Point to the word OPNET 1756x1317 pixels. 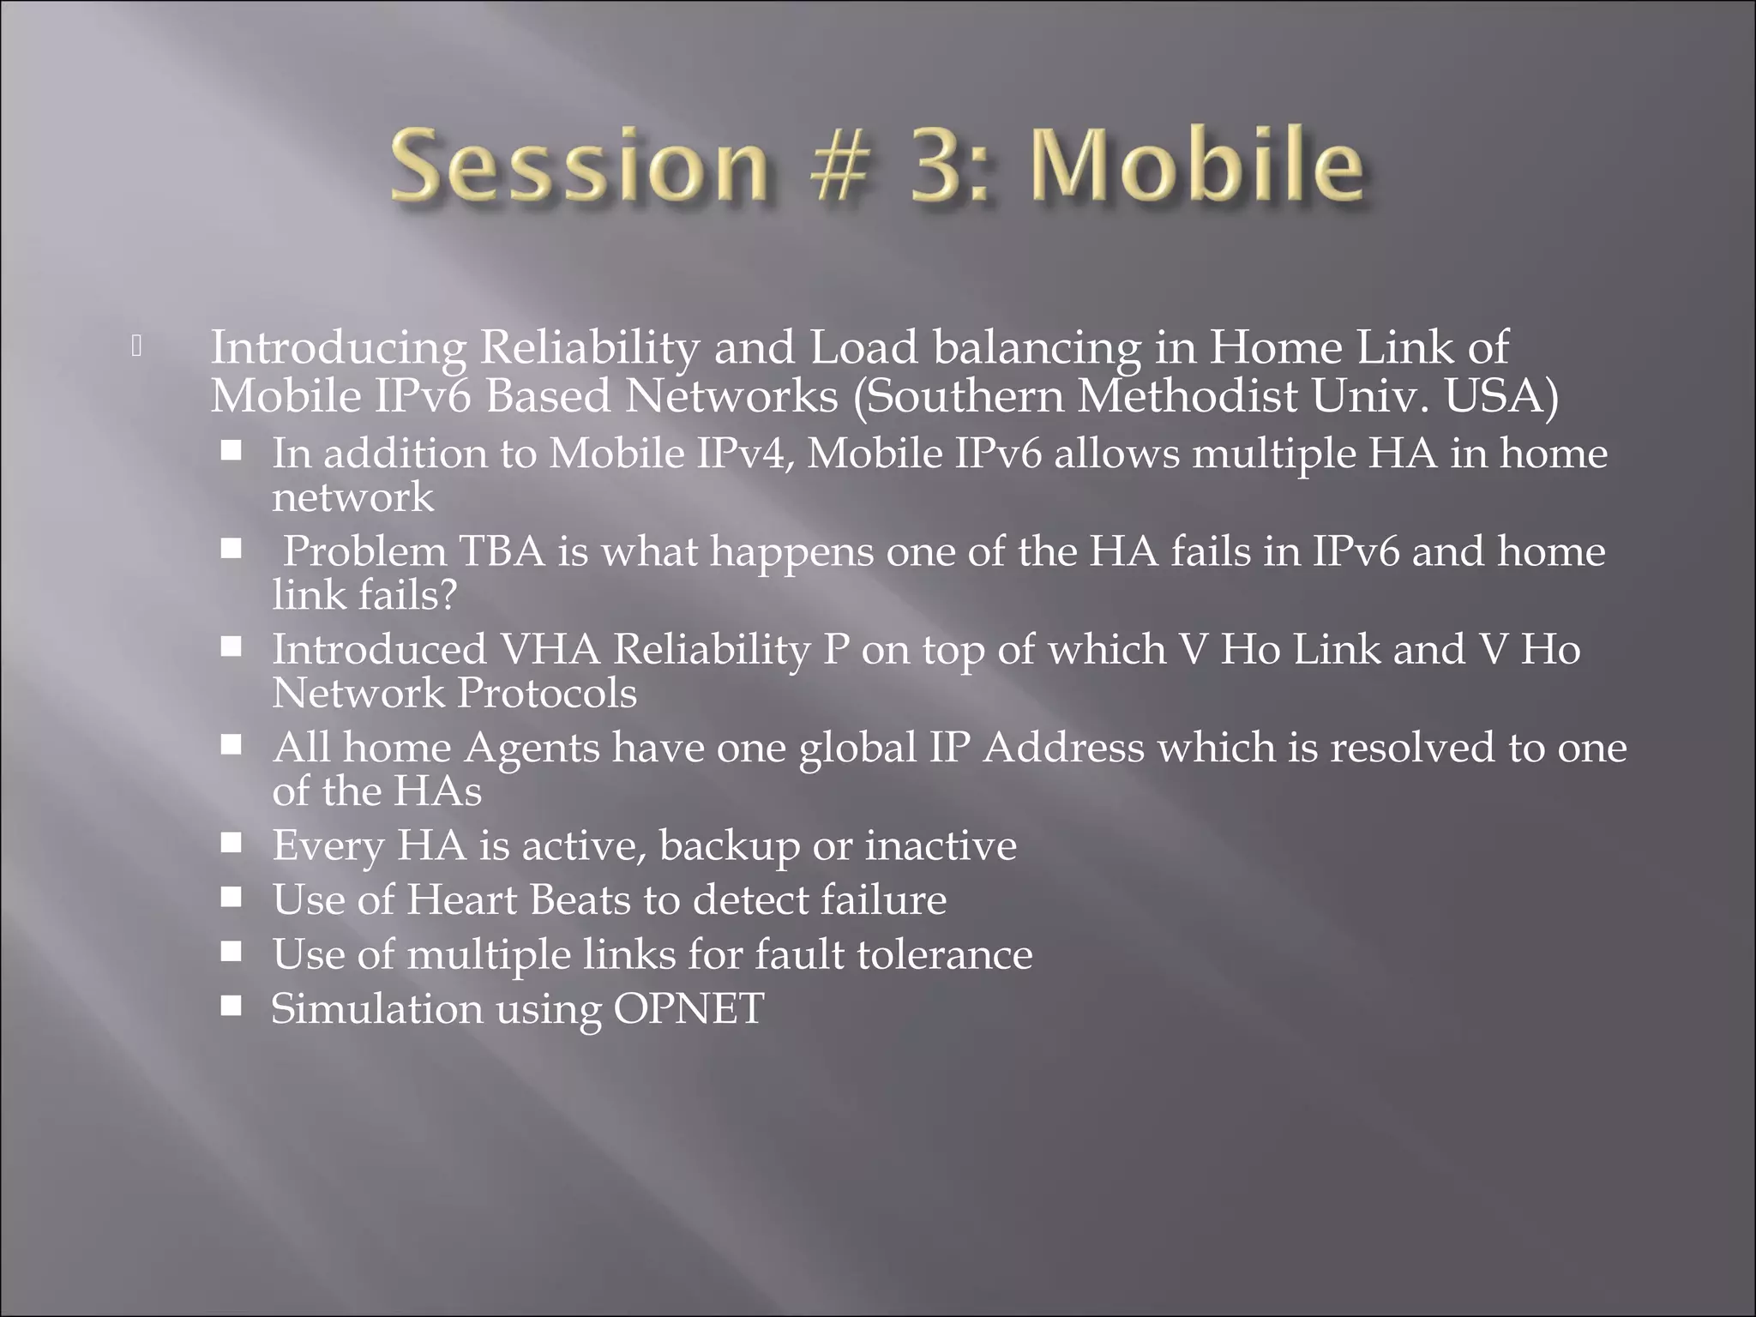(689, 1008)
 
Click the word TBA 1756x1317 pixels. (502, 550)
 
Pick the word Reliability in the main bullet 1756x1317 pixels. (590, 348)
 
